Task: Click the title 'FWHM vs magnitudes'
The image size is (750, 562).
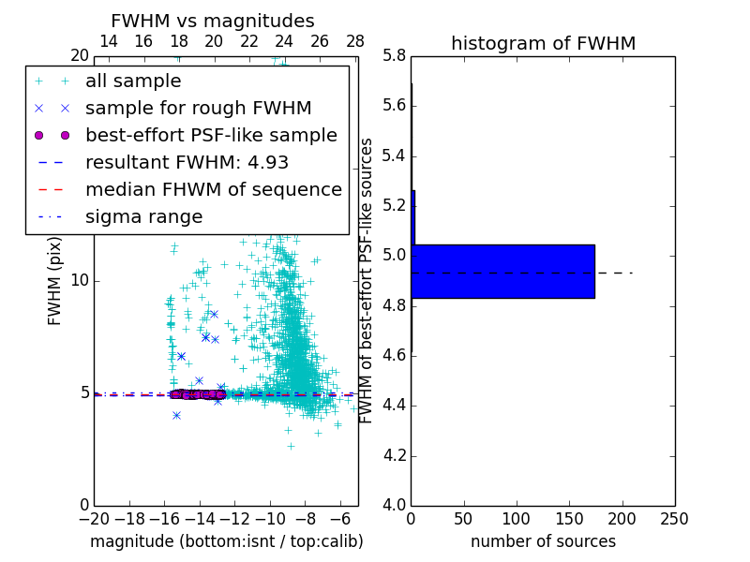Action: click(x=212, y=21)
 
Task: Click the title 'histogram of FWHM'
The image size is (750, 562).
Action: click(x=543, y=43)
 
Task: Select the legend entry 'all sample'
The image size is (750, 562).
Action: click(x=133, y=81)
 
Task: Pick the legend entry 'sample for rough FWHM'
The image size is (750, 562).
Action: click(x=198, y=108)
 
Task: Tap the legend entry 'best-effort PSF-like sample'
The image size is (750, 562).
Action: click(x=211, y=135)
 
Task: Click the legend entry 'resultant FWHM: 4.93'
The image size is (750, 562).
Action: click(x=187, y=162)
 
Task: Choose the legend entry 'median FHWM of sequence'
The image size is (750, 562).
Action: click(x=213, y=189)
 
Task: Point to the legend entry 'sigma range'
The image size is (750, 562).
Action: click(x=143, y=217)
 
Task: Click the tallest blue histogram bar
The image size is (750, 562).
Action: click(x=502, y=271)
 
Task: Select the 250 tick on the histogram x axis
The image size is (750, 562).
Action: click(x=674, y=519)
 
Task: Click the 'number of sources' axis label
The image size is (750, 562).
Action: click(x=543, y=541)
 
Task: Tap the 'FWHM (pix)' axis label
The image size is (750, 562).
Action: click(x=55, y=279)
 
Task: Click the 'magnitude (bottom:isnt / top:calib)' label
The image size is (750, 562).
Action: click(x=226, y=541)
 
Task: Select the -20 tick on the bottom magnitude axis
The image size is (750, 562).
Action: click(x=94, y=519)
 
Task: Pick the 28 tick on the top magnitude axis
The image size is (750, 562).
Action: click(x=355, y=41)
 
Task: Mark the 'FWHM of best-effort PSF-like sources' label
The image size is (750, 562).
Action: click(x=367, y=280)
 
